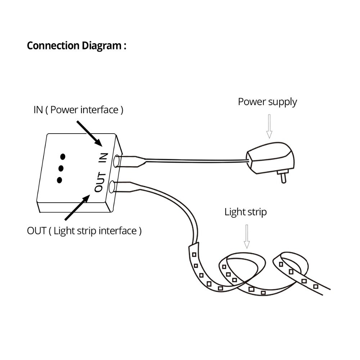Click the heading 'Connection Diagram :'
(x=76, y=46)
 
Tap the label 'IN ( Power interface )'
(x=78, y=110)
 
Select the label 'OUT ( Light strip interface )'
(x=84, y=230)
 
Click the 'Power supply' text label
(x=267, y=102)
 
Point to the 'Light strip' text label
(x=246, y=212)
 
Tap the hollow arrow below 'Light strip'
(x=247, y=236)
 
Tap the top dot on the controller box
(x=63, y=156)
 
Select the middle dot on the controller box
(x=61, y=168)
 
